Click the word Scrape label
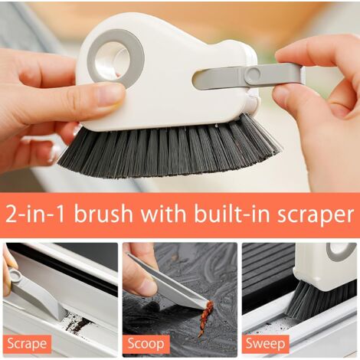point(28,344)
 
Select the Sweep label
point(266,344)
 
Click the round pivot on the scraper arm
point(252,74)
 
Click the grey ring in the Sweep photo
point(340,252)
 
